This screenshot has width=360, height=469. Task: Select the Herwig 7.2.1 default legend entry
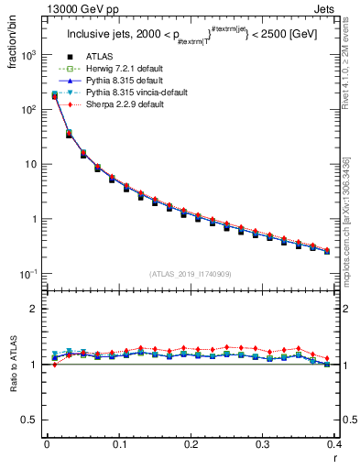[x=112, y=70]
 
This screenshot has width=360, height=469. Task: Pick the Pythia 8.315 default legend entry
[x=112, y=82]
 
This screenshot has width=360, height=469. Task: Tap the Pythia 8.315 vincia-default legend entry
[x=125, y=93]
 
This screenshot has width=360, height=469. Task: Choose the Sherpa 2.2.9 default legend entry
[x=112, y=105]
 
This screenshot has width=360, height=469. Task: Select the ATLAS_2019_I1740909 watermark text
[x=191, y=274]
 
